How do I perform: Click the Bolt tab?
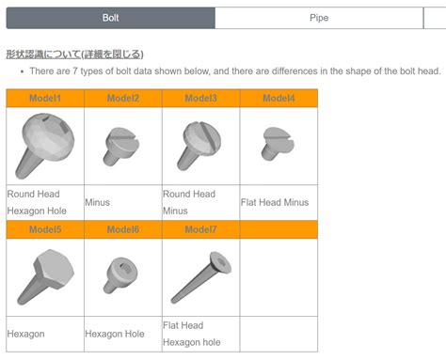pos(110,18)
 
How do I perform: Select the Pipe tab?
pos(319,18)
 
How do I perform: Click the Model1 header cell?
pos(44,99)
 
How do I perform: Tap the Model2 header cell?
pos(122,99)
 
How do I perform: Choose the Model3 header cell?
pos(200,99)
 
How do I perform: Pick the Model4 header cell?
pos(279,99)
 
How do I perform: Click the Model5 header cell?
pos(44,229)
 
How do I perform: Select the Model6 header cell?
pos(122,229)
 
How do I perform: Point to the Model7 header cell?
pos(200,229)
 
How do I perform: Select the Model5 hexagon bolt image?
pos(43,276)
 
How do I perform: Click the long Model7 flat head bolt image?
pos(199,274)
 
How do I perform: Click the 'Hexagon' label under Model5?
pos(25,333)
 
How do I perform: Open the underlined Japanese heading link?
pos(74,55)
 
